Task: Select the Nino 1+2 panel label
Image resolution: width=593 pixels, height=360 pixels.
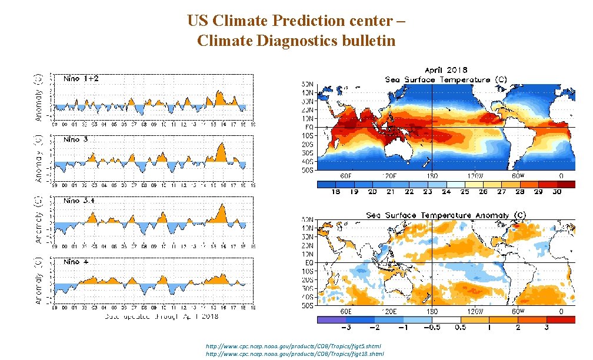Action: point(81,79)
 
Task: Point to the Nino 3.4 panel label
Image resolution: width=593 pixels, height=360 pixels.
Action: point(79,201)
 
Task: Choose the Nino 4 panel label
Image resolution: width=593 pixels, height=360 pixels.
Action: point(76,261)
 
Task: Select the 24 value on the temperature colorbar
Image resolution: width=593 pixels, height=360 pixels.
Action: point(446,192)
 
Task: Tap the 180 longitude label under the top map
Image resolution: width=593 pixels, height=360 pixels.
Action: point(432,176)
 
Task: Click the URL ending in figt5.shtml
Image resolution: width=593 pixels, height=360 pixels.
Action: point(294,346)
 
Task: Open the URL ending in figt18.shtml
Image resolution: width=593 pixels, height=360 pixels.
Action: point(295,354)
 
